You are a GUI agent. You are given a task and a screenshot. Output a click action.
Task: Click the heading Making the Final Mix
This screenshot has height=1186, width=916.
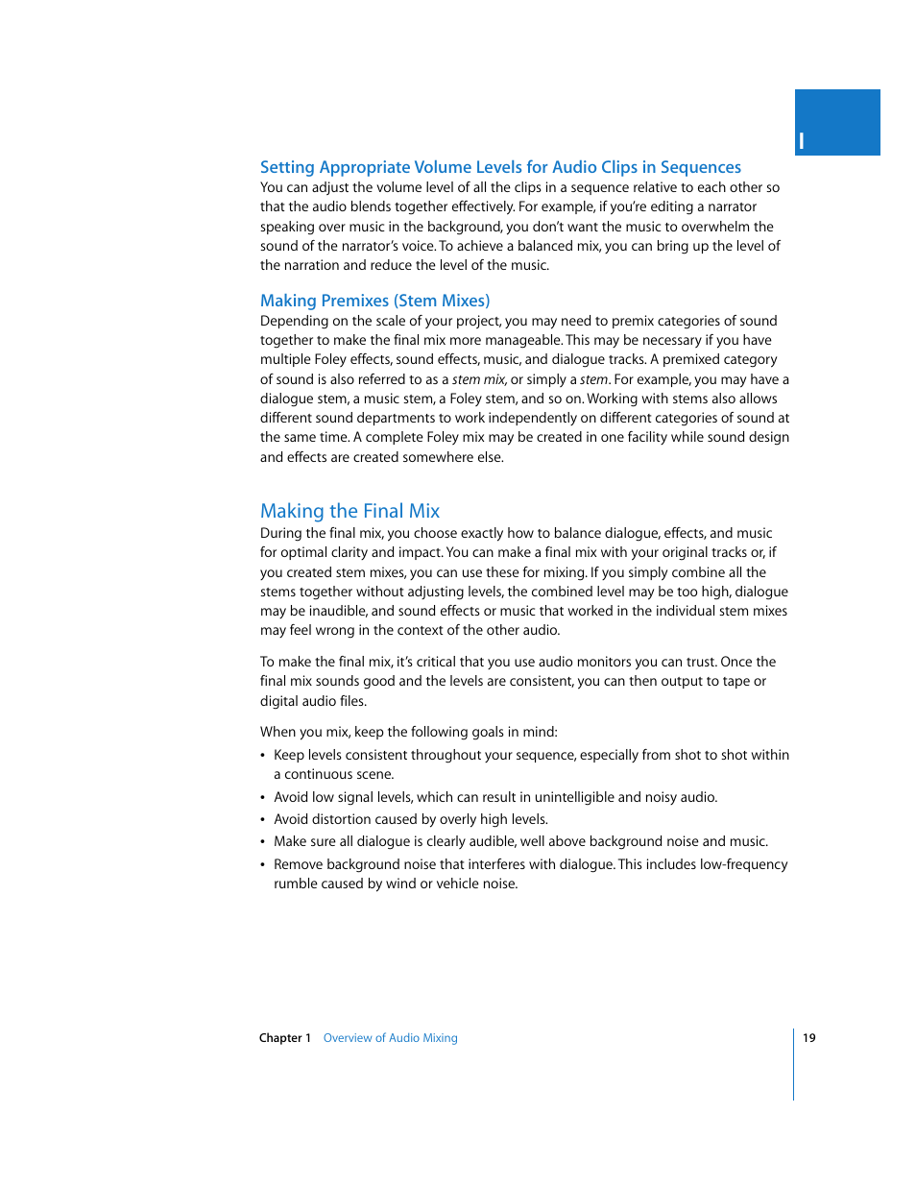(350, 511)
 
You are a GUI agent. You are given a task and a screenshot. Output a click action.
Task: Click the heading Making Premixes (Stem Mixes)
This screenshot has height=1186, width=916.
(374, 301)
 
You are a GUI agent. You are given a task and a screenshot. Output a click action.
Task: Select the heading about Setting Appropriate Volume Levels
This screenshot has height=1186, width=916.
(500, 167)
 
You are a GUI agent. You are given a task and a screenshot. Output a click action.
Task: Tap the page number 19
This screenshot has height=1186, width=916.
(809, 1038)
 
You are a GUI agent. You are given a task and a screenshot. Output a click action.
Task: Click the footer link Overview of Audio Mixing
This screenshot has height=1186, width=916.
(390, 1038)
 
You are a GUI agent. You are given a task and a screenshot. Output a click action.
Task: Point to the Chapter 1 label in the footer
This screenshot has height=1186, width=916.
(285, 1038)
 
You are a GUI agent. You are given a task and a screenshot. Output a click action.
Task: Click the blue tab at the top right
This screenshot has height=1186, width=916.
(837, 122)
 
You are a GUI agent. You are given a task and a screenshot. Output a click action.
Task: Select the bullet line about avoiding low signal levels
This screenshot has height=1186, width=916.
(495, 797)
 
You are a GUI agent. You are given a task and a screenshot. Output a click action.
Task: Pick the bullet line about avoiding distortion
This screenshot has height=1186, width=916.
(411, 819)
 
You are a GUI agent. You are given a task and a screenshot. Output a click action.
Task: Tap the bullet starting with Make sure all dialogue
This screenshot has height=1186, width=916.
(520, 841)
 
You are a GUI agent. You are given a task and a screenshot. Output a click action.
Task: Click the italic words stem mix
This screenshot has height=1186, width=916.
(479, 379)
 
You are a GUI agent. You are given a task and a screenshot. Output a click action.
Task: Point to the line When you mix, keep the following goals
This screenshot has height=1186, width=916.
(409, 732)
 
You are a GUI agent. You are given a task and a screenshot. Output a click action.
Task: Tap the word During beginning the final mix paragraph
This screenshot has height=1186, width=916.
(280, 533)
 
